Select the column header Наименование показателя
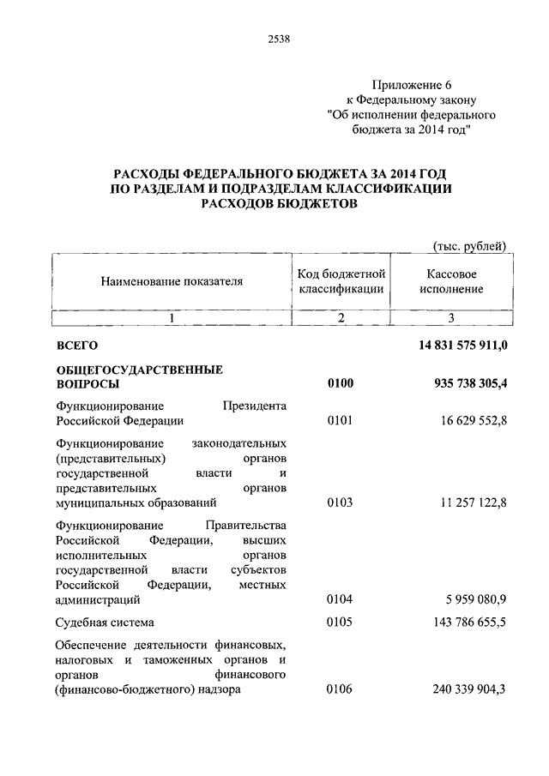[x=172, y=280]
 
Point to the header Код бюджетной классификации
[x=341, y=280]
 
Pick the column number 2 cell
[x=341, y=318]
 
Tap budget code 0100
[x=340, y=385]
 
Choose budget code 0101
[x=340, y=421]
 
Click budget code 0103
[x=340, y=502]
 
